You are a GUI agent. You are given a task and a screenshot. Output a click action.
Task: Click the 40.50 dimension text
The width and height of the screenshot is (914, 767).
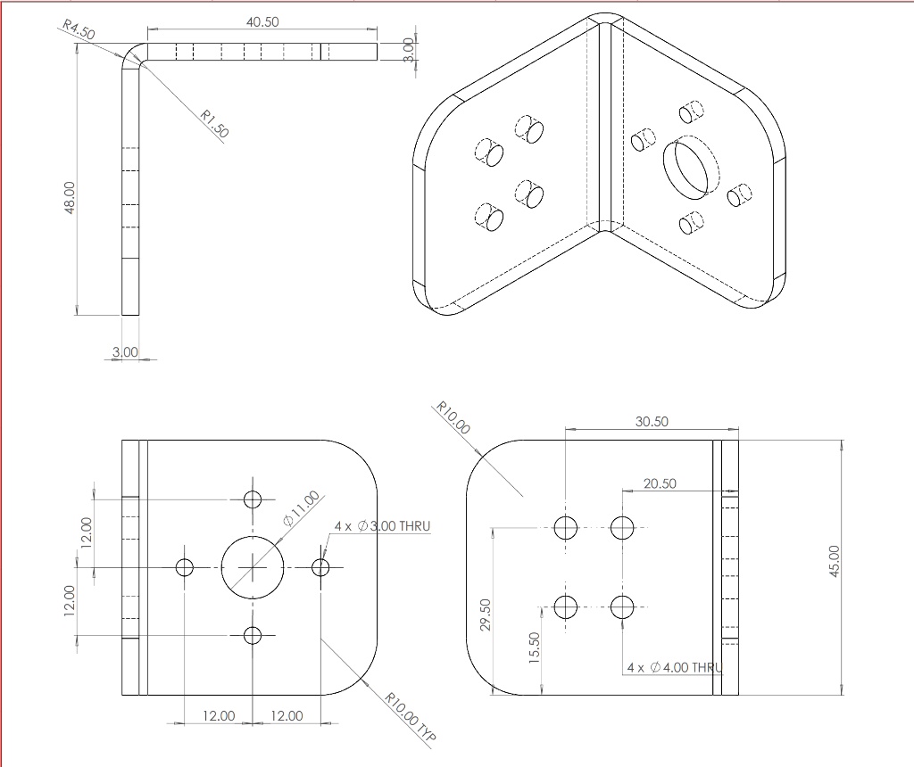pos(262,22)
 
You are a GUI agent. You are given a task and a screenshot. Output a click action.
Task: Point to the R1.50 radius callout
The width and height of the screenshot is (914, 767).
pos(214,123)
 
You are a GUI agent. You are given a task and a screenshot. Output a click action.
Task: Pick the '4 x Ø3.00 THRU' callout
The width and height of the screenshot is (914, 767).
pos(382,526)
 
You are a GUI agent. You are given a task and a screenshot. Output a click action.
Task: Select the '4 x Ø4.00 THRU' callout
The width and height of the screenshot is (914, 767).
pos(674,667)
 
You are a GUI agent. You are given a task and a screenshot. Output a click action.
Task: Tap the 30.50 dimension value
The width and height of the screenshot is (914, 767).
pos(652,422)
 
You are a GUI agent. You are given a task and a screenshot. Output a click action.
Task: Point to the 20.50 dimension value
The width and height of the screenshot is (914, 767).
pos(660,483)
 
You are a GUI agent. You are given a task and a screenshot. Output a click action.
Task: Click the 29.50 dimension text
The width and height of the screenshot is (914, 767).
pos(486,614)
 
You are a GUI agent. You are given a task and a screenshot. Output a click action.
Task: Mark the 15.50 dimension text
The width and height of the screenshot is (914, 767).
pos(534,647)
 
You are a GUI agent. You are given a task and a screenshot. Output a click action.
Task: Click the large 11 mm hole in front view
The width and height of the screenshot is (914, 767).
pos(253,567)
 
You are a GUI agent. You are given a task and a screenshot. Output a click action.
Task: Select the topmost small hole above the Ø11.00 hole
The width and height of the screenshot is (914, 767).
pos(253,499)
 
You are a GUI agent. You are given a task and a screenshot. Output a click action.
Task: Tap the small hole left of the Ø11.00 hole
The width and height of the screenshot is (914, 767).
pos(185,567)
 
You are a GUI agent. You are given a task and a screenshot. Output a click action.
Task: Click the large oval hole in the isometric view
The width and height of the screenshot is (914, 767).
pos(691,166)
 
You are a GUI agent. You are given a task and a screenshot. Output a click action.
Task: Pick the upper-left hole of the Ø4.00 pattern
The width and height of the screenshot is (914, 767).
pos(566,528)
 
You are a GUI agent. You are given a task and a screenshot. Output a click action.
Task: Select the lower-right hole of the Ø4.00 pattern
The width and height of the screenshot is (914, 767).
pos(622,607)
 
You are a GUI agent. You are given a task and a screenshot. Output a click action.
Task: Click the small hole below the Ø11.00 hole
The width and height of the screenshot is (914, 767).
pos(253,635)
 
